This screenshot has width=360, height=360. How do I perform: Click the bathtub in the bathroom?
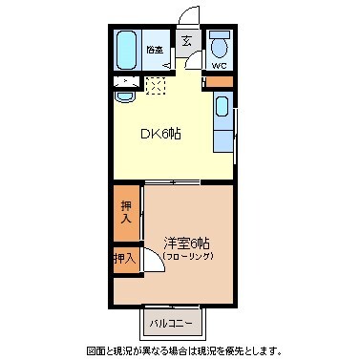(x=125, y=50)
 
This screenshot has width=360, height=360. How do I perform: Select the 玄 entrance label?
(x=186, y=41)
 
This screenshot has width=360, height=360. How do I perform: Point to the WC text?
(x=218, y=67)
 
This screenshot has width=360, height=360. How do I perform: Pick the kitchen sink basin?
(x=222, y=107)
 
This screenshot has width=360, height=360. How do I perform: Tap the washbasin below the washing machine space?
(x=124, y=95)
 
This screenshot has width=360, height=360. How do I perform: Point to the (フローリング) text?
(x=187, y=256)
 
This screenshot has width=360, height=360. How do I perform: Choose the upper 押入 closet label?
(x=125, y=211)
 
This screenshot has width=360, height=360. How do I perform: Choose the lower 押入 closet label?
(x=124, y=258)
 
